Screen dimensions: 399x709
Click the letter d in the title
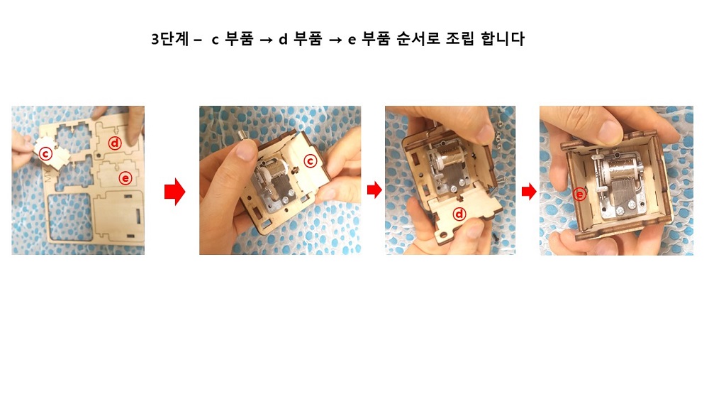pos(282,40)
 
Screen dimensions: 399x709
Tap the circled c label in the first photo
pos(45,153)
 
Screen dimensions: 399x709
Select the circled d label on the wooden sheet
pos(114,143)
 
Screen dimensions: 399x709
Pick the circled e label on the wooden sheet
pos(125,177)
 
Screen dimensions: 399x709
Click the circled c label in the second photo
pos(310,161)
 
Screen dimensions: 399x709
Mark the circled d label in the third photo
pos(459,214)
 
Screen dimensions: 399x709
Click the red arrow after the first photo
pos(174,192)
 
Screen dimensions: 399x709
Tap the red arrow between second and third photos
pos(374,190)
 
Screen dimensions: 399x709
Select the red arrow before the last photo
pos(528,192)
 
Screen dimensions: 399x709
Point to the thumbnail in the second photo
pos(246,151)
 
